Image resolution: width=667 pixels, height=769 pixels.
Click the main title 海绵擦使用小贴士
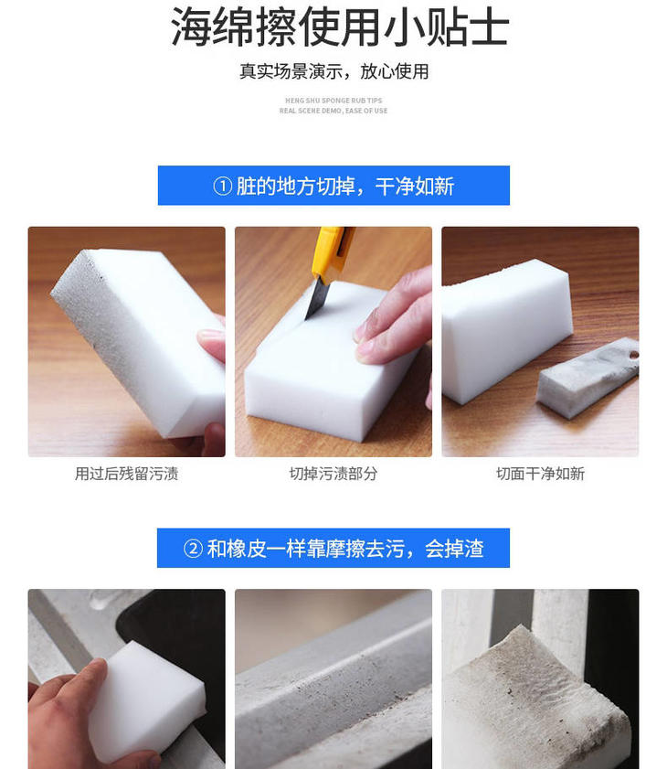(x=340, y=27)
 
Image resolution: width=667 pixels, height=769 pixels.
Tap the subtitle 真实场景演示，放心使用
(x=333, y=71)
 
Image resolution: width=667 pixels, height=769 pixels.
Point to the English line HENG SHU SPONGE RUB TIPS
(x=333, y=101)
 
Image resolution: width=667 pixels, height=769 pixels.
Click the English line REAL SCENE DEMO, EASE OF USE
(x=333, y=111)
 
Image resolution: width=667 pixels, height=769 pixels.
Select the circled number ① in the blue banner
(x=223, y=187)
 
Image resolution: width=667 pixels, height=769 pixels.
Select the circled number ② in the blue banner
(x=193, y=549)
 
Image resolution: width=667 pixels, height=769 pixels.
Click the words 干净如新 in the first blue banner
(x=415, y=187)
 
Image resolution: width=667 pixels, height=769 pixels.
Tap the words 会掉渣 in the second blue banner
(x=454, y=549)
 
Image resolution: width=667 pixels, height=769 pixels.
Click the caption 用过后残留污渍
(x=126, y=474)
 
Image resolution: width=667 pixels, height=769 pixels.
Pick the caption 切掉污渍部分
(x=333, y=474)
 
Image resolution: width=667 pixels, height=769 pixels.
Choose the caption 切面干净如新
(x=540, y=474)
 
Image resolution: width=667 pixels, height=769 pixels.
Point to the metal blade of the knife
(x=314, y=298)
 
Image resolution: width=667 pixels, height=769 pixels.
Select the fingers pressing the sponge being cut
(x=392, y=319)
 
